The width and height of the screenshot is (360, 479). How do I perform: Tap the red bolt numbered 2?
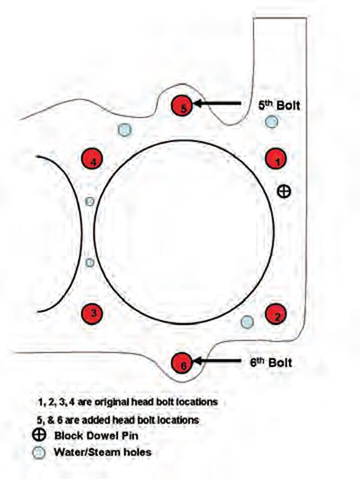point(277,314)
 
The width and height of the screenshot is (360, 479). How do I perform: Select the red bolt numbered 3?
point(93,312)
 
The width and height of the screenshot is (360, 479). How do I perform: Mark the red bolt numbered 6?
point(182,363)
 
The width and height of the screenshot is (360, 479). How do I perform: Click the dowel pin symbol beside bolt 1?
point(285,191)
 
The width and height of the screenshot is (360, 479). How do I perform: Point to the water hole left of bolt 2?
point(246,322)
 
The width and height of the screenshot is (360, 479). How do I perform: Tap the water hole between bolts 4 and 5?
point(124,130)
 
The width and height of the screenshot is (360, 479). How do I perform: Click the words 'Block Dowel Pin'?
point(98,436)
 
